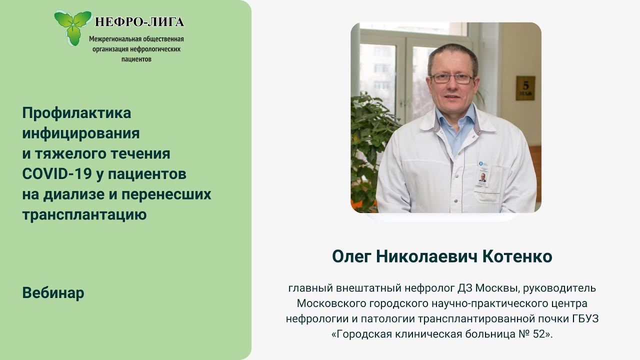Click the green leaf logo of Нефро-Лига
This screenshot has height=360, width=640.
73,26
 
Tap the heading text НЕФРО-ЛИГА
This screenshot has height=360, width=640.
139,21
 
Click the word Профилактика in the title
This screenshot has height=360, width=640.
76,113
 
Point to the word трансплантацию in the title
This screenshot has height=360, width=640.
84,215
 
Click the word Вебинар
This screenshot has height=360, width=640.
53,293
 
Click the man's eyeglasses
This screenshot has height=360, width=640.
451,78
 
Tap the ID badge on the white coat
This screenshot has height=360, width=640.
483,174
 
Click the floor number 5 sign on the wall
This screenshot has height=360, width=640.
525,87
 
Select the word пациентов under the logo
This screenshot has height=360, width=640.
136,59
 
